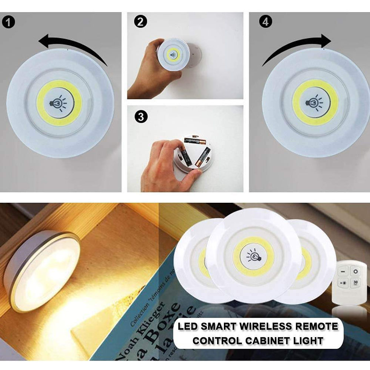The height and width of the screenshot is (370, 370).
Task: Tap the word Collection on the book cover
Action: point(139,308)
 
